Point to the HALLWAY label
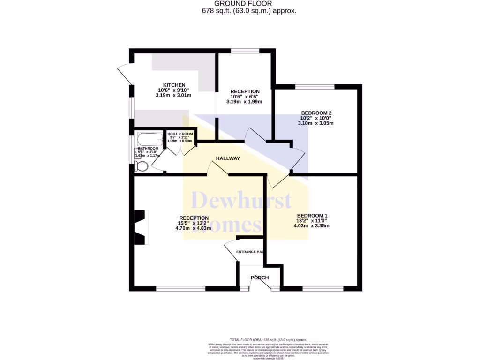point(228,158)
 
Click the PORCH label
point(260,277)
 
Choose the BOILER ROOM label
point(180,134)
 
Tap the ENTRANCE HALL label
point(250,252)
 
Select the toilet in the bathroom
point(141,166)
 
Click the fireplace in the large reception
point(140,227)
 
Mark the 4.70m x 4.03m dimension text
point(193,228)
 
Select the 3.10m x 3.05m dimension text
point(315,123)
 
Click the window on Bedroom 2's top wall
point(315,87)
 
